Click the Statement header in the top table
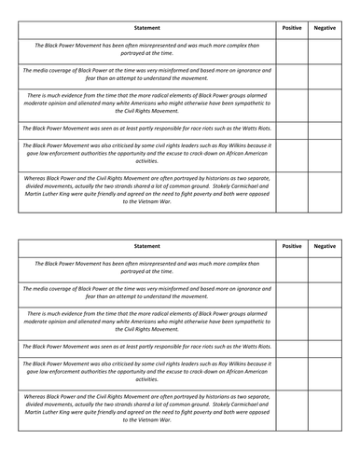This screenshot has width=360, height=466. click(x=146, y=29)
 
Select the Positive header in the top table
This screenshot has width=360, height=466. click(x=292, y=29)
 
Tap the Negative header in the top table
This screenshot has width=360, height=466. click(x=325, y=29)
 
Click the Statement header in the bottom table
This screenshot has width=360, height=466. click(x=146, y=246)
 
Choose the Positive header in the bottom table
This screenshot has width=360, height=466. click(x=292, y=246)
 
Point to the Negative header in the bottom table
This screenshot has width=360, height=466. click(x=325, y=246)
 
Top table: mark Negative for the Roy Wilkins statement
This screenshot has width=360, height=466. click(x=325, y=150)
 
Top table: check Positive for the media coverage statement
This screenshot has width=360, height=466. click(x=292, y=74)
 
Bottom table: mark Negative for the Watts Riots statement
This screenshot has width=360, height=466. click(x=325, y=345)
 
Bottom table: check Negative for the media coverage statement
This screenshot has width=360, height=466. click(x=325, y=293)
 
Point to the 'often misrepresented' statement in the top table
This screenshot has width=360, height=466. click(x=146, y=48)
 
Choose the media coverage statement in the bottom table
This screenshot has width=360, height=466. click(x=146, y=293)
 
